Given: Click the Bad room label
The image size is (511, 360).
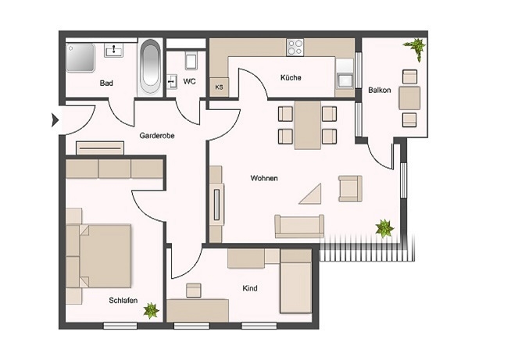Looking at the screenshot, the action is coord(106,83).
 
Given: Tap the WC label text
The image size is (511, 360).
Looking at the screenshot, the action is coord(189,81).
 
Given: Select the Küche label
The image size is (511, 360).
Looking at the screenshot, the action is coord(291,77).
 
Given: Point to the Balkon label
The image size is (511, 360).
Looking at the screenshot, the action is coord(379,90).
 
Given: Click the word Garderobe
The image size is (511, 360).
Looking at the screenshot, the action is coord(157,136).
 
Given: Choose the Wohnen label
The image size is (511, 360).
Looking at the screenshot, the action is coord(264,178).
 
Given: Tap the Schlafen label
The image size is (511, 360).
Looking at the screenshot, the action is coord(123,301).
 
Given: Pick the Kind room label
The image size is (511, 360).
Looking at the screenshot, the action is coord(250,288).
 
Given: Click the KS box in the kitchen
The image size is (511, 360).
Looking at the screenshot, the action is coord(219,87).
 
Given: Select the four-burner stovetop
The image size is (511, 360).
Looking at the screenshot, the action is coord(295,48).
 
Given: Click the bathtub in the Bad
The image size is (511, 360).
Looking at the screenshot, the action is coord(150,67).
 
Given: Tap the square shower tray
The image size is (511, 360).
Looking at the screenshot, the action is coord(80,58).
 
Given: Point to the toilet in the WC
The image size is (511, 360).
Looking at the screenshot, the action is coord(191,61).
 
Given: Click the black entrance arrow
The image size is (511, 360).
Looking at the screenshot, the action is coord(55,120).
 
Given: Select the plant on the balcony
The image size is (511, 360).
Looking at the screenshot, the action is coord(415,48).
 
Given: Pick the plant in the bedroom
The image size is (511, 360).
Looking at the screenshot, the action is coord(152,311).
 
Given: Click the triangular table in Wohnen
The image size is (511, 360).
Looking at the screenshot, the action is coord(313,194).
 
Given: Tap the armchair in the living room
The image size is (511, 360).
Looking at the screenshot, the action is coord(350,188).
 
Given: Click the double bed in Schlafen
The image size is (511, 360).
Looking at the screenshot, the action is coord(98,256).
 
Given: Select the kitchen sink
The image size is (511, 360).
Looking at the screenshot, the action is coord(345,80).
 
